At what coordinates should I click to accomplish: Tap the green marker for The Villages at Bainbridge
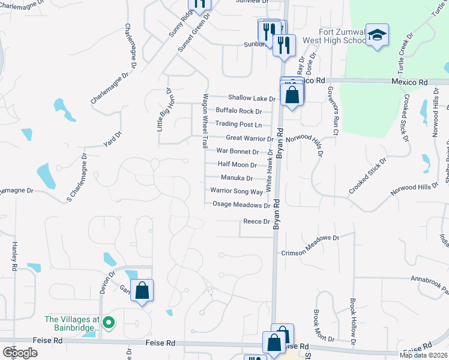108,322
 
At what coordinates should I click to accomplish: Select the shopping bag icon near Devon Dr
142,291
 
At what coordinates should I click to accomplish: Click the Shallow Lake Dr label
251,98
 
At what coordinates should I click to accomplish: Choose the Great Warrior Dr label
249,138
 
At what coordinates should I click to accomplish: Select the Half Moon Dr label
237,165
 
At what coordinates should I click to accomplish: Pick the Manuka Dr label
237,178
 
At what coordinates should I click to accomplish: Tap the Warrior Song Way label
237,191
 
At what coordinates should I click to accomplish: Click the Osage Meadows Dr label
241,205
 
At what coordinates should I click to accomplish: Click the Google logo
20,352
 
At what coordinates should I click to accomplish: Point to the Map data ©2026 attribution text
423,355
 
